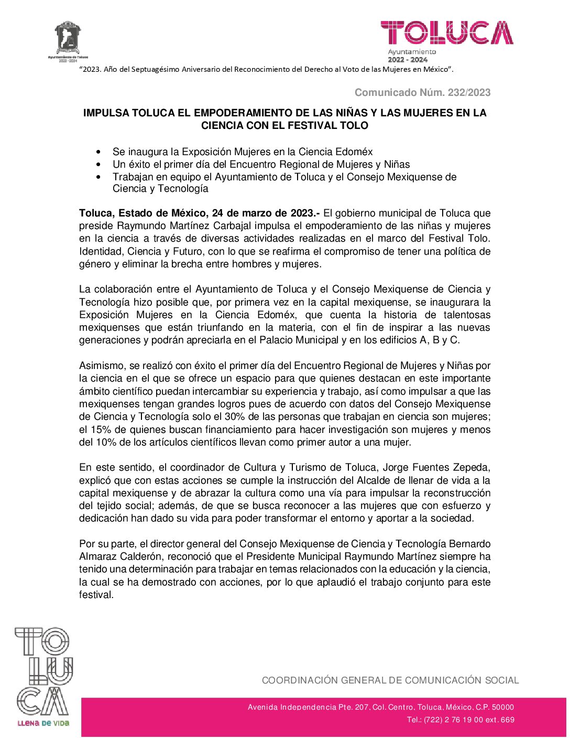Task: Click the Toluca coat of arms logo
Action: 68,38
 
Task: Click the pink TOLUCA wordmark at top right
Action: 446,33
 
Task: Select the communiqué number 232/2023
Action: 468,93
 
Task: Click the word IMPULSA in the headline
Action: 105,113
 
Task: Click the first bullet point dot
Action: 99,152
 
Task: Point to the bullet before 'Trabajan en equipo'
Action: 99,177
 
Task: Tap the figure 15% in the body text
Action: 100,430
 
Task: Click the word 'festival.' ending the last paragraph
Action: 96,595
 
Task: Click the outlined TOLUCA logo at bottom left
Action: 42,671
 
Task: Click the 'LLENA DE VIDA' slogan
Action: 43,723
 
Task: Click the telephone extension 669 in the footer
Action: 508,720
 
